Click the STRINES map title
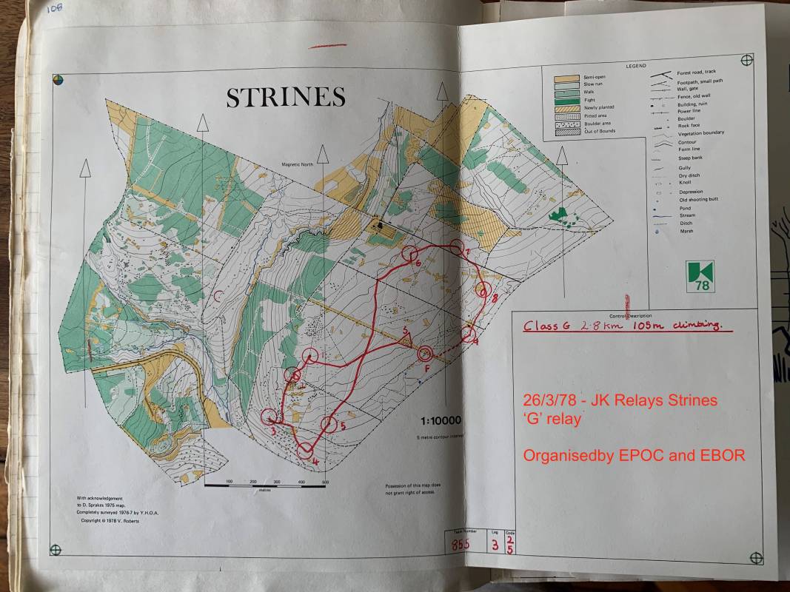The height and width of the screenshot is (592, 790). click(x=286, y=98)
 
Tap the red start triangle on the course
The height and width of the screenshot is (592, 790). click(x=405, y=338)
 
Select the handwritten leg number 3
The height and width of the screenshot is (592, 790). click(x=494, y=546)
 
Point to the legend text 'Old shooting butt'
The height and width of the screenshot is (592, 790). click(x=698, y=199)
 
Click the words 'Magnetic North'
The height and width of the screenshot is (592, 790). click(x=298, y=165)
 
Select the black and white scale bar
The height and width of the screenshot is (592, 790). click(x=266, y=485)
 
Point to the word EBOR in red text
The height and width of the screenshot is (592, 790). click(x=722, y=455)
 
